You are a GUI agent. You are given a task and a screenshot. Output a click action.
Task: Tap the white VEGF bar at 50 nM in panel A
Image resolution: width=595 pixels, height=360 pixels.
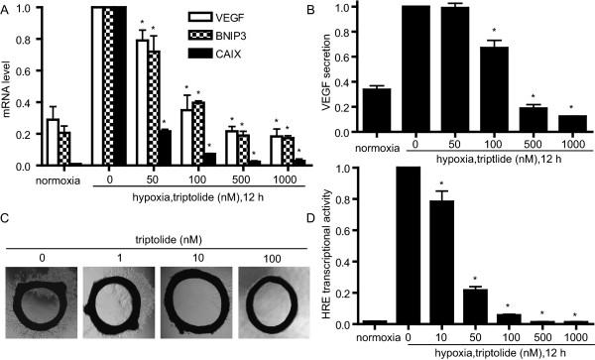tap(141, 100)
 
